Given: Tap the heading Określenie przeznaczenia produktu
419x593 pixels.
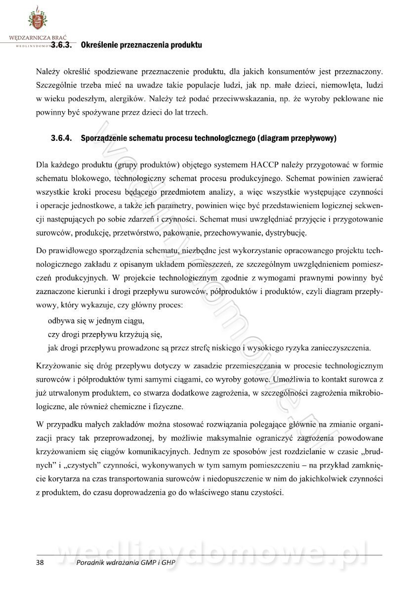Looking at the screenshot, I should click(x=141, y=45).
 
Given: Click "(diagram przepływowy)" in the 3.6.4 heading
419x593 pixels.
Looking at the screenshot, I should click(x=297, y=139).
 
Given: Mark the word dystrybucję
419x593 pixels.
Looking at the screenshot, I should click(x=287, y=231).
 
